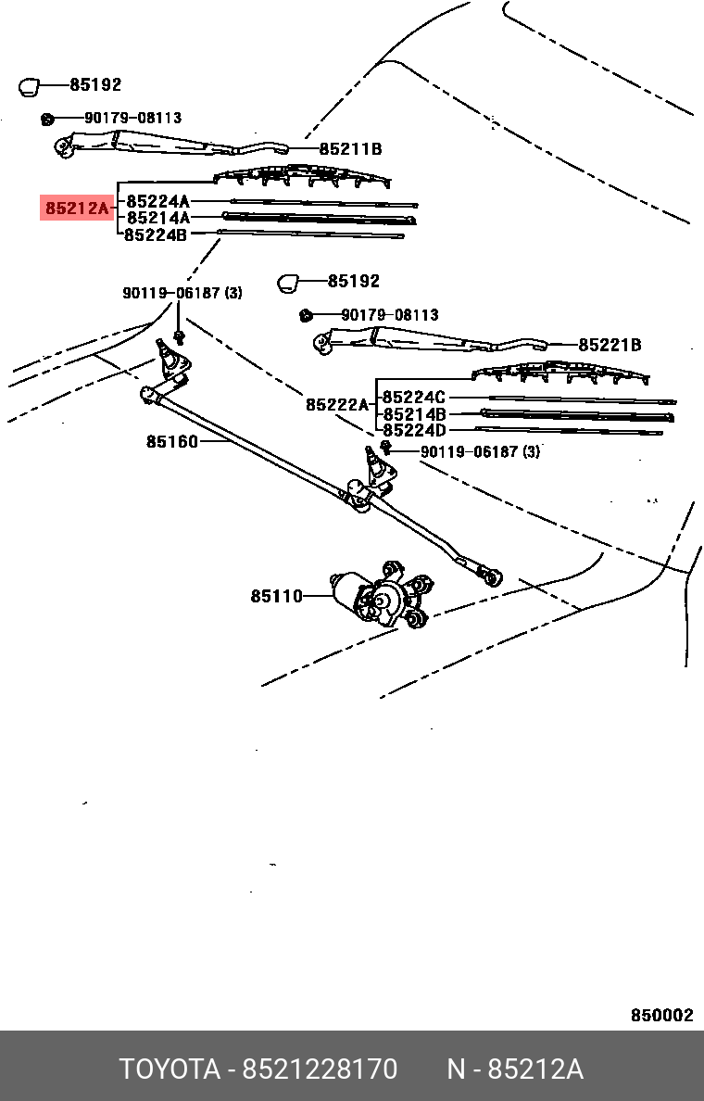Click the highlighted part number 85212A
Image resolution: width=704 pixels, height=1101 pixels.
coord(77,209)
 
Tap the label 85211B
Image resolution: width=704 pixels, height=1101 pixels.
coord(350,149)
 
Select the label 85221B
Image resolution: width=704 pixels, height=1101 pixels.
coord(610,346)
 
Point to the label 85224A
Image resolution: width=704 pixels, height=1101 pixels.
coord(157,201)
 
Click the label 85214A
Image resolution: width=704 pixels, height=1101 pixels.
coord(157,218)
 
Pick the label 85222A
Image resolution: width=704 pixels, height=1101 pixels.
coord(337,405)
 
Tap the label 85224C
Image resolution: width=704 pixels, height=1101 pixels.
coord(414,398)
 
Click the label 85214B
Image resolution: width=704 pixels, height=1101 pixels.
coord(414,414)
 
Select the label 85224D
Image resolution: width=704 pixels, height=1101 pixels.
coord(414,430)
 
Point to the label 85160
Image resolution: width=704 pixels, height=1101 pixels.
coord(171,442)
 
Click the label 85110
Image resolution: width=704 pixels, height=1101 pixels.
coord(276,596)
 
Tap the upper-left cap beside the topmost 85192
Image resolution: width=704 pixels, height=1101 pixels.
coord(31,87)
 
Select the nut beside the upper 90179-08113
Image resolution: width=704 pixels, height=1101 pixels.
coord(46,119)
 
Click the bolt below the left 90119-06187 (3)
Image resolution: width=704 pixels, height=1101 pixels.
coord(179,335)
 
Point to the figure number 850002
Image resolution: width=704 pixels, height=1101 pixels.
coord(661,1015)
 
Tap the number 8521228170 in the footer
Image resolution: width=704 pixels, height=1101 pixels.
coord(320,1069)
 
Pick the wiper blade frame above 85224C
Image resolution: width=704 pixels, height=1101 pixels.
coord(561,373)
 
